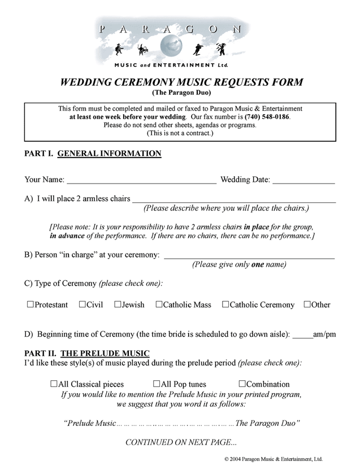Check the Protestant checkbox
pyautogui.click(x=31, y=305)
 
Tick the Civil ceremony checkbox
pyautogui.click(x=83, y=305)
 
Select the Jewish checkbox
pyautogui.click(x=118, y=305)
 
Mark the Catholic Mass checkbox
pyautogui.click(x=159, y=305)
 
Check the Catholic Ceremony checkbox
pyautogui.click(x=225, y=305)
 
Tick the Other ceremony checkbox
pyautogui.click(x=307, y=305)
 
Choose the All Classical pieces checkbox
pyautogui.click(x=54, y=384)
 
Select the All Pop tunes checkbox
pyautogui.click(x=157, y=384)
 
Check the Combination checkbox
pyautogui.click(x=242, y=384)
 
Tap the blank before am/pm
pyautogui.click(x=302, y=337)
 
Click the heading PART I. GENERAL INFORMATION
pyautogui.click(x=93, y=154)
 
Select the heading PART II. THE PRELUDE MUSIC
pyautogui.click(x=87, y=354)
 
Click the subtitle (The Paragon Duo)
pyautogui.click(x=180, y=93)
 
